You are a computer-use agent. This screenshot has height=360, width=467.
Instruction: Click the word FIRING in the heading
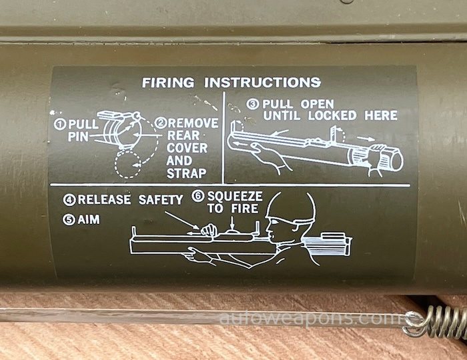pos(168,83)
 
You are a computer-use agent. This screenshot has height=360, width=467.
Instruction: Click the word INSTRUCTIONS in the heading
pos(262,83)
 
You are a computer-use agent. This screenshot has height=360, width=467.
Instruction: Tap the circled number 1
pos(60,124)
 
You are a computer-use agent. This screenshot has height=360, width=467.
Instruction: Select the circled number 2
pos(161,123)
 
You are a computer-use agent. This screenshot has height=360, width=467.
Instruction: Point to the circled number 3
pos(253,104)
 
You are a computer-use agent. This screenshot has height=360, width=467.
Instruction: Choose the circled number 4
pos(69,200)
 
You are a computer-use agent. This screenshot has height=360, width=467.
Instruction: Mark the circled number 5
pos(69,220)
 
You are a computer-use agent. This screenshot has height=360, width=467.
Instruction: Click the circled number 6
pos(197,196)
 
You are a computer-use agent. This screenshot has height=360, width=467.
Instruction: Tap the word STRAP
pos(186,173)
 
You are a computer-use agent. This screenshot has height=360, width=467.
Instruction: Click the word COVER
pos(187,148)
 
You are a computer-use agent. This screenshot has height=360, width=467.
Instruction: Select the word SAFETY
pos(161,199)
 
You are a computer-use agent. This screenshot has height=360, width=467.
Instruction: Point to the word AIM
pos(89,220)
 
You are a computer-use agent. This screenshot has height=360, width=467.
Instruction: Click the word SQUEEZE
pos(235,197)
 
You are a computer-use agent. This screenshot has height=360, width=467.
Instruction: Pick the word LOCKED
pos(332,115)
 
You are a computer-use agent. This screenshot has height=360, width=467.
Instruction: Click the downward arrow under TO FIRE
pos(232,223)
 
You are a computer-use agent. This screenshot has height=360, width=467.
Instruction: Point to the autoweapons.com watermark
pos(310,319)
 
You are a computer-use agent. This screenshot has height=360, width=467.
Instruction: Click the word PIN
pos(78,137)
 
